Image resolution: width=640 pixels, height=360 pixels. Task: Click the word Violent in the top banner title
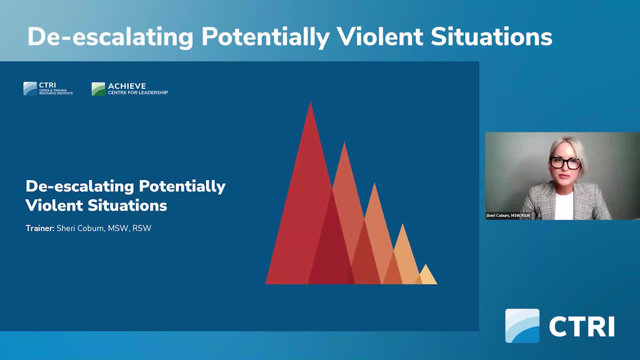click(x=379, y=37)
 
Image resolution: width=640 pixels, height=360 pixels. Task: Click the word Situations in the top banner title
click(x=491, y=37)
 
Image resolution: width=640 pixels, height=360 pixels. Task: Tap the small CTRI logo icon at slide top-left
click(x=30, y=89)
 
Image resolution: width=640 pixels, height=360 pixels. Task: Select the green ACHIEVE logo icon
click(x=98, y=89)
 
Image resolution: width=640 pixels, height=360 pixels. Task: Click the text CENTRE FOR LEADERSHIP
click(x=138, y=93)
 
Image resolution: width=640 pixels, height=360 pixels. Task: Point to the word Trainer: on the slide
click(x=40, y=228)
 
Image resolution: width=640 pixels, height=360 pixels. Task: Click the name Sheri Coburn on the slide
click(x=80, y=228)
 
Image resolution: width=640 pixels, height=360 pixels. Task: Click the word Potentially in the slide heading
click(x=182, y=186)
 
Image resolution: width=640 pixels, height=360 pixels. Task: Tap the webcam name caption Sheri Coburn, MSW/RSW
click(x=508, y=216)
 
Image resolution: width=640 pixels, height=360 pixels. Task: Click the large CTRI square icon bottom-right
click(x=522, y=326)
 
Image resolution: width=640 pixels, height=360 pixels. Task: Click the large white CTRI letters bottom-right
click(x=582, y=327)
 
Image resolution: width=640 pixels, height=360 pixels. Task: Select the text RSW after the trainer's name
click(x=142, y=228)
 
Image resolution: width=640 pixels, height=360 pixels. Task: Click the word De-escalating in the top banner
click(x=110, y=37)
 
